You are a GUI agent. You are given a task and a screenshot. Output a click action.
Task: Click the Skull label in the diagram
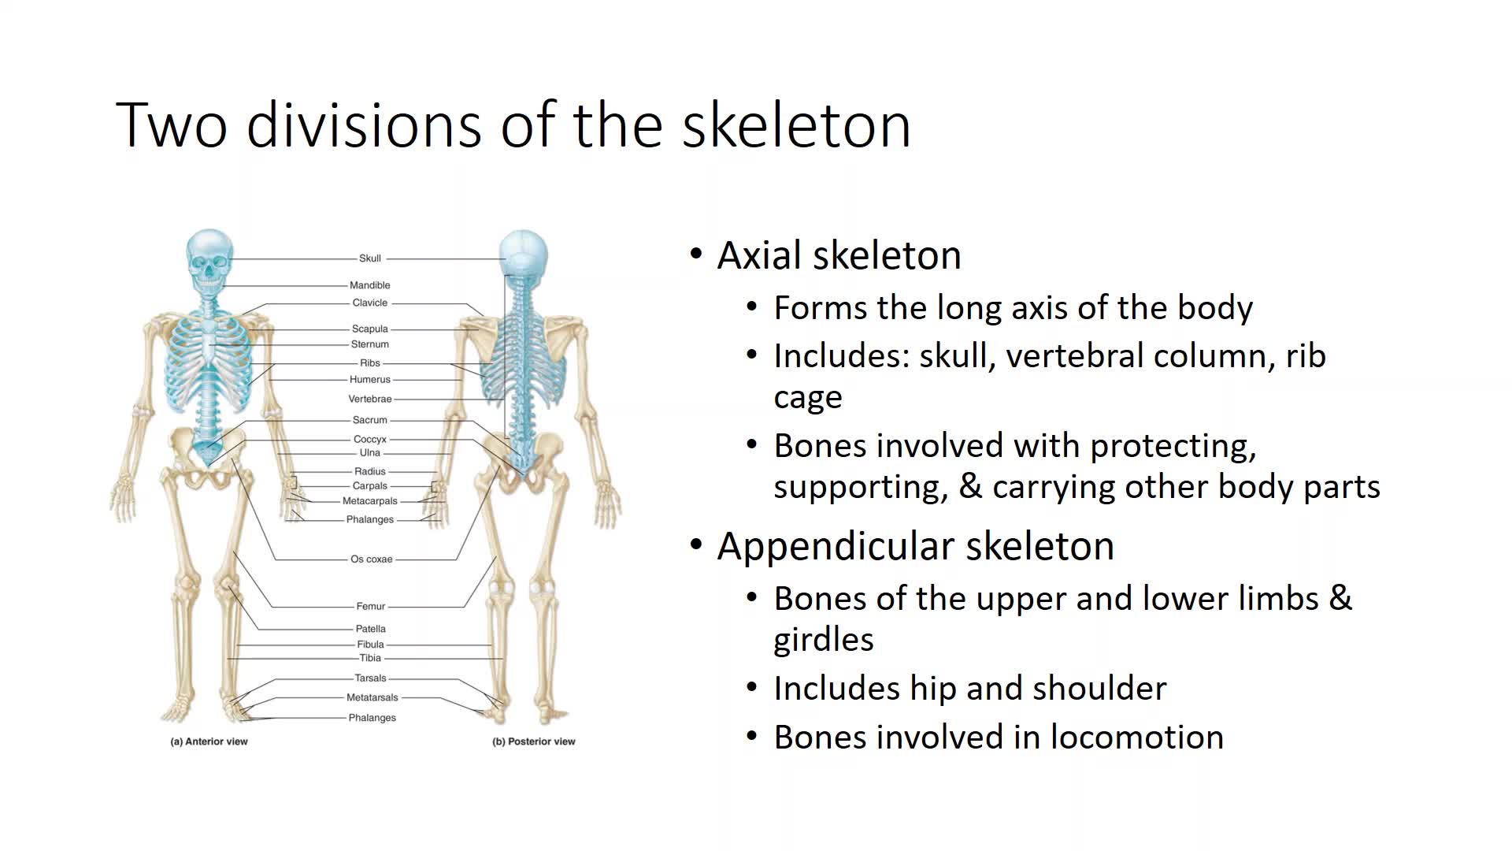[x=370, y=258]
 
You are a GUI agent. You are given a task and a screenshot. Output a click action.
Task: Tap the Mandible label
[x=370, y=285]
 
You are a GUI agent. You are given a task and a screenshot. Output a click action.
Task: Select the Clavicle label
[x=370, y=303]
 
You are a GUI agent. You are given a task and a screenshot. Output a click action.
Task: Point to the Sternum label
[x=370, y=344]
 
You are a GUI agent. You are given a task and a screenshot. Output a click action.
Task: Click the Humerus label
[x=370, y=380]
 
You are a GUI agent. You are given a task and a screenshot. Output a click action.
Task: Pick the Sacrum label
[x=370, y=420]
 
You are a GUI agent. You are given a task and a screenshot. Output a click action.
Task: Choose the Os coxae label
[x=372, y=559]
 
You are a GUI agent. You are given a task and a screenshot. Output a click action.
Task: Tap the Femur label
[x=371, y=607]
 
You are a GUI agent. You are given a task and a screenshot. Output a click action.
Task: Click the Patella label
[x=371, y=629]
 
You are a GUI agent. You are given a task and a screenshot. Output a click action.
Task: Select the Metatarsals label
[x=372, y=697]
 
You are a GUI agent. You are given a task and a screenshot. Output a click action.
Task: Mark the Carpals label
[x=370, y=486]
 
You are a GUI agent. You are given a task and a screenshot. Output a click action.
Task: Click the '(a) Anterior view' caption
[x=209, y=741]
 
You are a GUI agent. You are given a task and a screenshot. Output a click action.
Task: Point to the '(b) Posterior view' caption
[x=534, y=741]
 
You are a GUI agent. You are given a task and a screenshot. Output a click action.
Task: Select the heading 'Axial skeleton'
[x=839, y=255]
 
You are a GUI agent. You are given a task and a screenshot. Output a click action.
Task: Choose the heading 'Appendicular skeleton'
[x=916, y=546]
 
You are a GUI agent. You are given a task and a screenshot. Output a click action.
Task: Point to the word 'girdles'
[x=824, y=640]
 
